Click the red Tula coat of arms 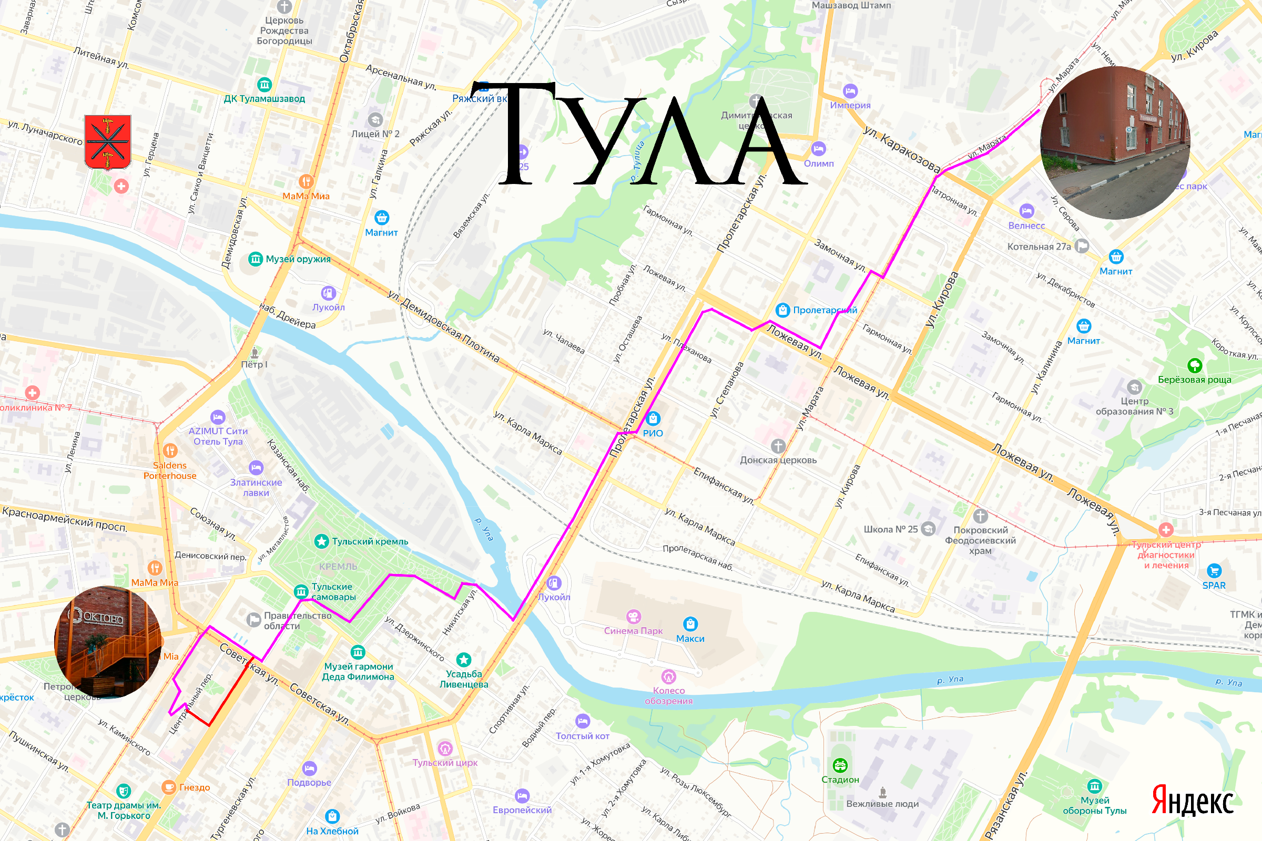point(108,141)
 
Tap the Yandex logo point(1192,801)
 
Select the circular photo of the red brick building point(1115,142)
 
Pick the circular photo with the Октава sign point(108,642)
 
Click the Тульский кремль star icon point(321,541)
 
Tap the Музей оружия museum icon point(256,259)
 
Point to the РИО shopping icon point(653,418)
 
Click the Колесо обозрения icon point(668,676)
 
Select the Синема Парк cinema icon point(633,616)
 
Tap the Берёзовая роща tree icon point(1194,366)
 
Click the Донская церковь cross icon point(778,446)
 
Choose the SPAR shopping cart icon point(1214,571)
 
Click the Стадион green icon point(840,765)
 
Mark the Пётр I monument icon point(255,352)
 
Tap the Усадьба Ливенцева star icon point(464,659)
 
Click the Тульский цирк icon point(445,747)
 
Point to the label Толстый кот point(582,736)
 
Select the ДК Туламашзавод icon point(264,84)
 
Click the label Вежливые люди point(882,804)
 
